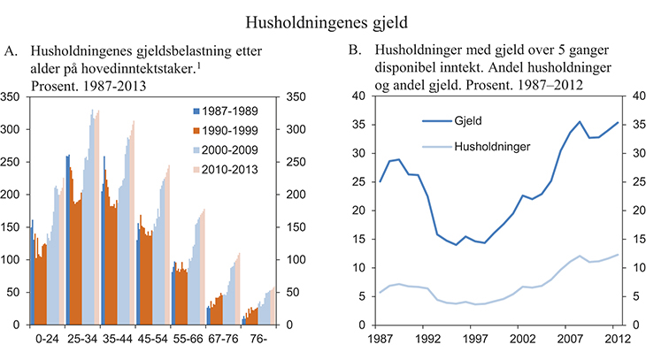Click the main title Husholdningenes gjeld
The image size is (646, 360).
point(322,15)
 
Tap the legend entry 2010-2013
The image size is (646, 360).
point(226,168)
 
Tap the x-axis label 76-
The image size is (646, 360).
point(260,339)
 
